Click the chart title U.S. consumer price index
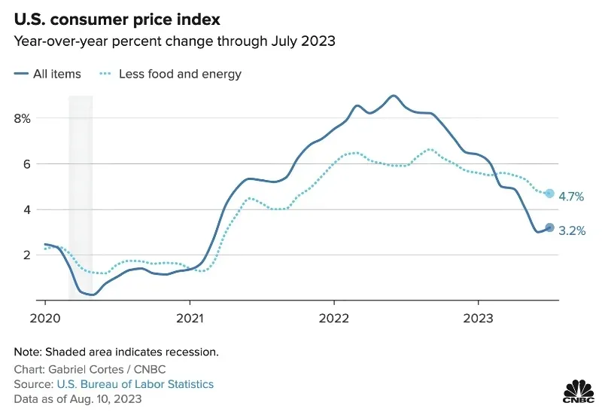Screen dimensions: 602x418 tap(117, 20)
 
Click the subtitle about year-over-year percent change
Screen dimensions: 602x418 tap(175, 41)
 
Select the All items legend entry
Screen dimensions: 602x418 tap(47, 74)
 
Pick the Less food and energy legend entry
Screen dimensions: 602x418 tap(171, 74)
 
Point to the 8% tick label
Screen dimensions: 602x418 tap(23, 119)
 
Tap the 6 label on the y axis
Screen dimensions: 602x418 tap(26, 164)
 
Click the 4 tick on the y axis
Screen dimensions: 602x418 tap(26, 210)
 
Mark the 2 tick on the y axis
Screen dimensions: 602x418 tap(26, 255)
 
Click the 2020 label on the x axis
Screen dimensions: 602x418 tap(45, 318)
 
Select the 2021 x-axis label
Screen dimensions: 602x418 tap(190, 318)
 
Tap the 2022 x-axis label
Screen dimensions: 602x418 tap(334, 318)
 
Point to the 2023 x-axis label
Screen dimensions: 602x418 tap(478, 318)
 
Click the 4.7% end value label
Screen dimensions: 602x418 tap(571, 197)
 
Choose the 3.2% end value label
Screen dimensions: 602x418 tap(572, 231)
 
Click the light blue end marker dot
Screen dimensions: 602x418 tap(550, 194)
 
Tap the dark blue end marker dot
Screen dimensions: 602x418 tap(550, 227)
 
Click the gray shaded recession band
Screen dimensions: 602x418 tap(81, 197)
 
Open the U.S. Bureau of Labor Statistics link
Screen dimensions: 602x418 tap(135, 384)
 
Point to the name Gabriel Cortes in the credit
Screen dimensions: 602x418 tap(86, 370)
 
